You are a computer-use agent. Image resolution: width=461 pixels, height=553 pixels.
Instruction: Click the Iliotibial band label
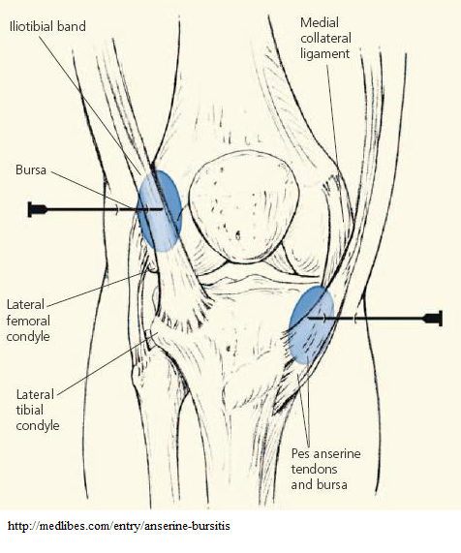click(47, 27)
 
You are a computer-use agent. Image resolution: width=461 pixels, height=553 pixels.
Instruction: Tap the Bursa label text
click(31, 170)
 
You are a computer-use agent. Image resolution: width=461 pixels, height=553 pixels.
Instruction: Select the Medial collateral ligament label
click(325, 38)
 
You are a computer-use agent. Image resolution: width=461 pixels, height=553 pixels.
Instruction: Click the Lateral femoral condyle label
click(28, 321)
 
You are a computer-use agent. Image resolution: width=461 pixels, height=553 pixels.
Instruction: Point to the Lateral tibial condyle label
click(38, 410)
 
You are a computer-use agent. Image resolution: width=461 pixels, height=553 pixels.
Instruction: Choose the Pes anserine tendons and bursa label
click(325, 469)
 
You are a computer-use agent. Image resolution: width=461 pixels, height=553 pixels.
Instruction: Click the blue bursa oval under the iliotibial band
click(160, 211)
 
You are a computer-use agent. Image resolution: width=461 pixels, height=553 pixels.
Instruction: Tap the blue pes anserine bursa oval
click(312, 324)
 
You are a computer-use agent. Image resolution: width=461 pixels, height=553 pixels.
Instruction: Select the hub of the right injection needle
click(433, 319)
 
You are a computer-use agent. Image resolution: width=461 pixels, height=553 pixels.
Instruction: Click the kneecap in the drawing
click(243, 206)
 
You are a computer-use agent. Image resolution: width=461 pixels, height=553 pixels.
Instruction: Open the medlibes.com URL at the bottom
click(119, 526)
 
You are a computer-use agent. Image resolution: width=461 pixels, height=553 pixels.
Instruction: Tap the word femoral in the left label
click(28, 321)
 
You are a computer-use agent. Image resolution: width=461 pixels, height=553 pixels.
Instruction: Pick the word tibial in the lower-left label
click(30, 410)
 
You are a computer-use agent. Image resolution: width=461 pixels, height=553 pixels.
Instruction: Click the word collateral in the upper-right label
click(325, 38)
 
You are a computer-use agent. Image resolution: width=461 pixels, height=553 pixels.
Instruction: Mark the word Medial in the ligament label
click(320, 22)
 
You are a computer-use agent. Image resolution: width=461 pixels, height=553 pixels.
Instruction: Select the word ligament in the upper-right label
click(324, 54)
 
